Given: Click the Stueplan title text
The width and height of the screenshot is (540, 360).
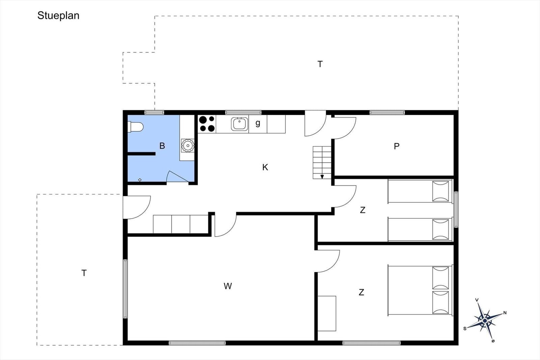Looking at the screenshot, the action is coord(58,16).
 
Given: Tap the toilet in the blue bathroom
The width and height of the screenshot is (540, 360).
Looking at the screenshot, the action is coord(135,127).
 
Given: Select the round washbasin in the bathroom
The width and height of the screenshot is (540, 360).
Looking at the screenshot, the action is coord(188,145).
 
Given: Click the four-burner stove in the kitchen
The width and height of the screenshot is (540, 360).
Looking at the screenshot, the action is coord(207,124).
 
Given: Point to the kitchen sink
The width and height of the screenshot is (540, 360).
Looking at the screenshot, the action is coord(240,124).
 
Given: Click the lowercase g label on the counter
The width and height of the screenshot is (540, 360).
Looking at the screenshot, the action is coord(258,123).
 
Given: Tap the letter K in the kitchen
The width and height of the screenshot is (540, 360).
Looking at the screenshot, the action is coord(265,167).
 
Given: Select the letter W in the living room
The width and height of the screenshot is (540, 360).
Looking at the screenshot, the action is coord(228,286).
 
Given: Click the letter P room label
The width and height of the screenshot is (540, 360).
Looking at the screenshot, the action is coord(397,146).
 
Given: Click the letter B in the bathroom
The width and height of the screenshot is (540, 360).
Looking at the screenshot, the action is coord(162,146).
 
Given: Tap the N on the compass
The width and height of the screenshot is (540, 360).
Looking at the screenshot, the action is coord(505,313).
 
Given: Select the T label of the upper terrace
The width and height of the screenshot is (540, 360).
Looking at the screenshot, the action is coord(320,64).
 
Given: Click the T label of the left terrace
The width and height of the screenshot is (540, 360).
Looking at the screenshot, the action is coord(84,273).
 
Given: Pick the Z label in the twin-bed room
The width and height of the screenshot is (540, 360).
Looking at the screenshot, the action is coord(362,210).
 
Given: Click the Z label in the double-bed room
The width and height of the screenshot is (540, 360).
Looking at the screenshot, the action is coord(361,292).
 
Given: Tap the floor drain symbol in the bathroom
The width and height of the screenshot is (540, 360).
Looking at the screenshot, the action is coord(140,180).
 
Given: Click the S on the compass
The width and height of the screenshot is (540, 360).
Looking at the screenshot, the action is coord(465,329).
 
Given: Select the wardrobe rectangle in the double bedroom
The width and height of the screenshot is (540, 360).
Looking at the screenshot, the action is coord(327,313).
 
